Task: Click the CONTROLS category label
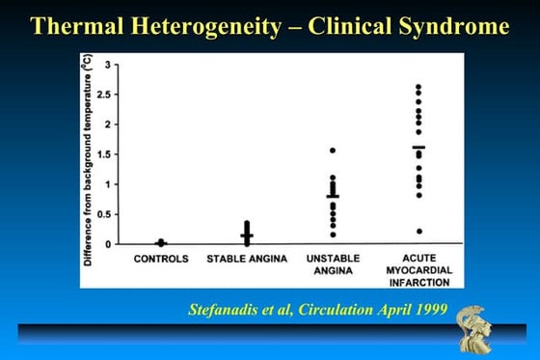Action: point(161,260)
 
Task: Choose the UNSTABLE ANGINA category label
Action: point(332,264)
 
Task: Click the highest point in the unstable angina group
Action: point(333,151)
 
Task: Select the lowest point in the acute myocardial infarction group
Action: point(418,231)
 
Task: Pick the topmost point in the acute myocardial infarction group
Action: point(418,87)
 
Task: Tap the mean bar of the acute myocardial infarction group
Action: point(418,148)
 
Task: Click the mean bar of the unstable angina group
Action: point(333,196)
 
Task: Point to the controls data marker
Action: point(161,243)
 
